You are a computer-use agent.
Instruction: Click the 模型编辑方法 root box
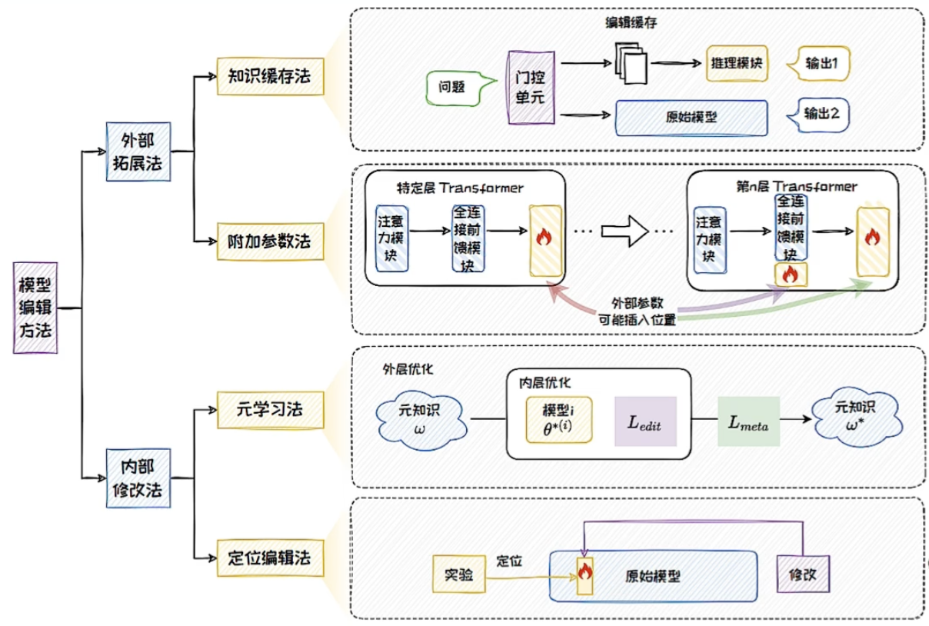tap(36, 307)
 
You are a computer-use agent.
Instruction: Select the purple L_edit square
tap(644, 421)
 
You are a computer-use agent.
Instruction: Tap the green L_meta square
tap(748, 420)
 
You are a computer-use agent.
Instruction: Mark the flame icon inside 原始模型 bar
tap(585, 572)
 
